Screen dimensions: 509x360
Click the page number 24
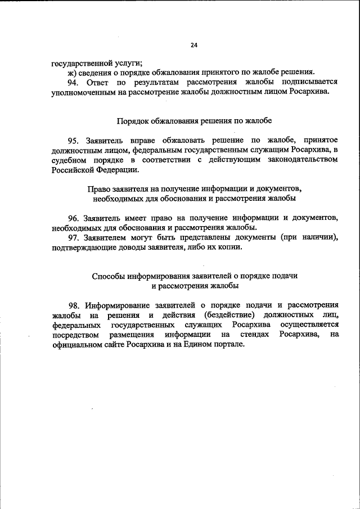click(195, 44)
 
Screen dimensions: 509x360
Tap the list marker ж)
click(71, 71)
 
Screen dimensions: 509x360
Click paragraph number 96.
click(73, 217)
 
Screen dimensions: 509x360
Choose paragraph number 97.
click(73, 237)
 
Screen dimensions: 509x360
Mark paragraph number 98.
click(73, 305)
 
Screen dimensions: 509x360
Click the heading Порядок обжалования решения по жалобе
click(195, 120)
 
